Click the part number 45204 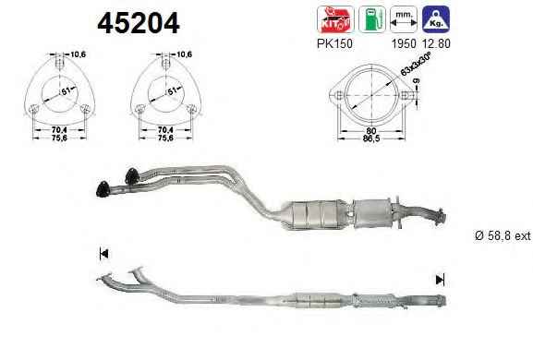pos(139,23)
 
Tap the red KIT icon pos(335,19)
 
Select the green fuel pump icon pos(372,19)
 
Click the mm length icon pos(404,19)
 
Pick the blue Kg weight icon pos(436,19)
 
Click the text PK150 pos(334,43)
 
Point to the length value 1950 pos(404,43)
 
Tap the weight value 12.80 pos(436,43)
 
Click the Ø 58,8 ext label pos(503,235)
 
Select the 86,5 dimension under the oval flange pos(370,138)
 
